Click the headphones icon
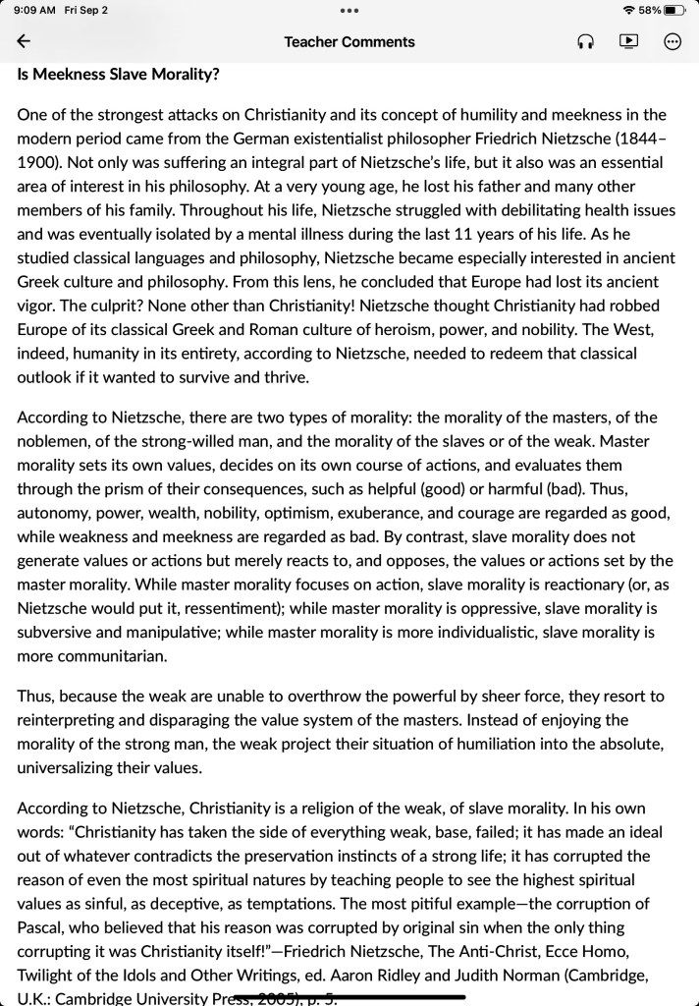coord(585,41)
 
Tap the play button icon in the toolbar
coord(628,41)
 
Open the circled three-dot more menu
coord(672,41)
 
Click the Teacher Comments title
coord(349,41)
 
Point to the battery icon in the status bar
coord(674,10)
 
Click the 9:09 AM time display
coord(34,10)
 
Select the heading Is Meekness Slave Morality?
coord(118,75)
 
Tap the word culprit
coord(88,306)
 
